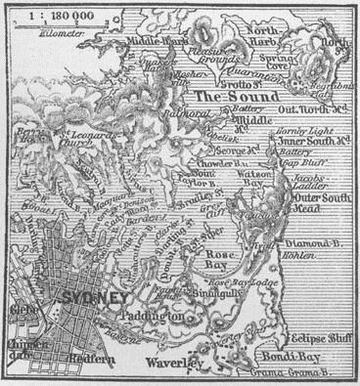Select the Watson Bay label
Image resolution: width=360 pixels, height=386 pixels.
click(256, 180)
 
